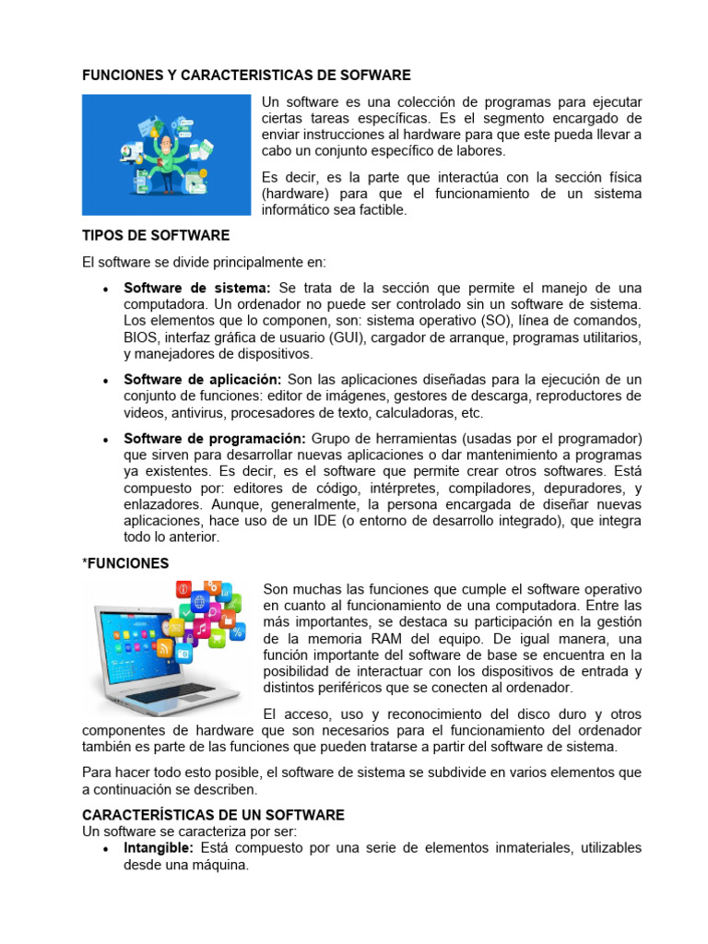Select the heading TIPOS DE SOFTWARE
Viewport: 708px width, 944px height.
156,235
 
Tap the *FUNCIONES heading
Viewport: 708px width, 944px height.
125,562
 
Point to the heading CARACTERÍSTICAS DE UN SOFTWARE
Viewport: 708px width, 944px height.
213,815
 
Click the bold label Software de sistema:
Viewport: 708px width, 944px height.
197,289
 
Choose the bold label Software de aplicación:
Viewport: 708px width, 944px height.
203,380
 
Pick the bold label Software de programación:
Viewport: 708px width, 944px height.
215,437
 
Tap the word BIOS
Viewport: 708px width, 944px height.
140,337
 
